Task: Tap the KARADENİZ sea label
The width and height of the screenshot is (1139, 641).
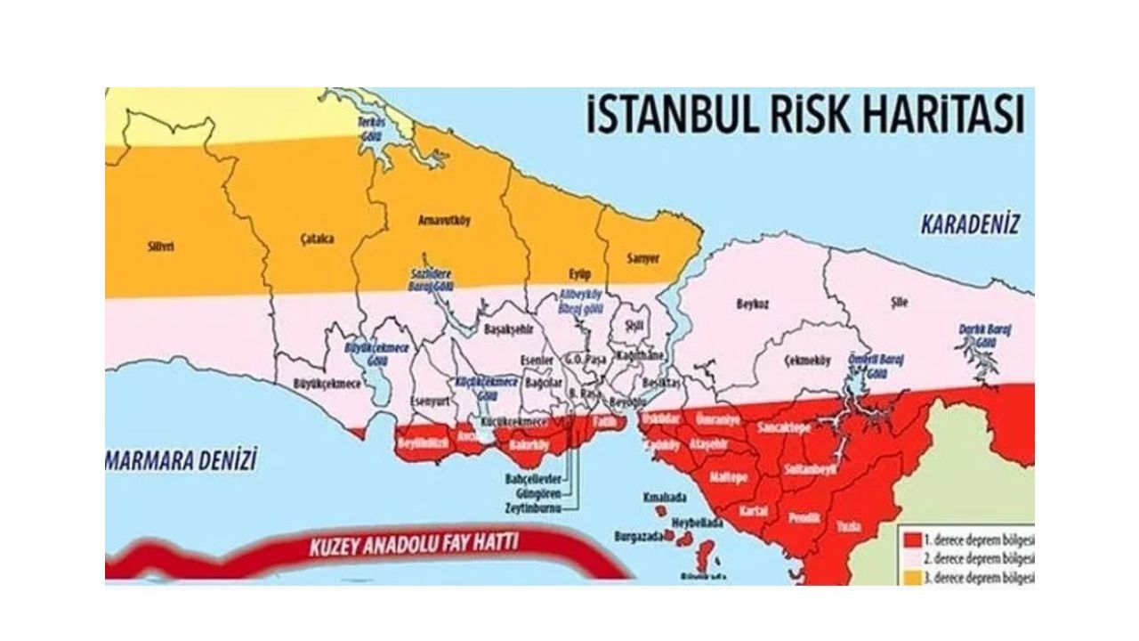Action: pos(969,223)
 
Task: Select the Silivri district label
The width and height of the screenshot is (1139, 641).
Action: pos(160,247)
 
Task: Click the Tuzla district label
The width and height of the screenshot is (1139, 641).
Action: pos(848,527)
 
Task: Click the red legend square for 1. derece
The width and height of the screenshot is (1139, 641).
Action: pos(911,540)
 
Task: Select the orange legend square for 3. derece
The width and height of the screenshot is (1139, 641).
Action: pos(911,577)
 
